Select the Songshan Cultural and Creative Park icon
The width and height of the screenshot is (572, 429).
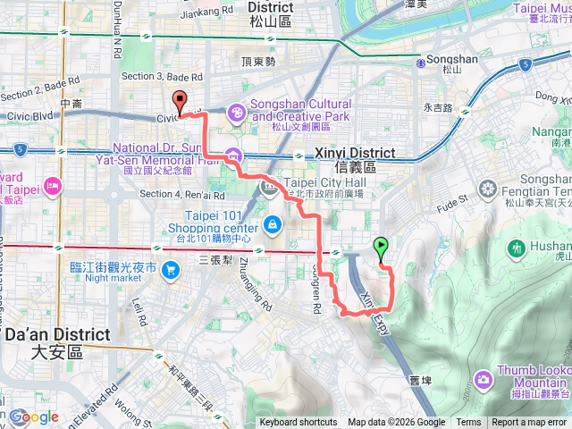[x=237, y=113]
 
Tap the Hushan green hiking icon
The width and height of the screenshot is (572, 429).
[x=517, y=247]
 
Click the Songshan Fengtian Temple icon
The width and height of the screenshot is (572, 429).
[x=488, y=189]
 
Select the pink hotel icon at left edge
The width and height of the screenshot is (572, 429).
[x=53, y=186]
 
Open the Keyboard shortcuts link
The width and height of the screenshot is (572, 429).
[x=299, y=423]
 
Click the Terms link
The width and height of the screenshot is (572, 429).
[x=468, y=423]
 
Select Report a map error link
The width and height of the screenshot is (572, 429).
[x=530, y=423]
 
